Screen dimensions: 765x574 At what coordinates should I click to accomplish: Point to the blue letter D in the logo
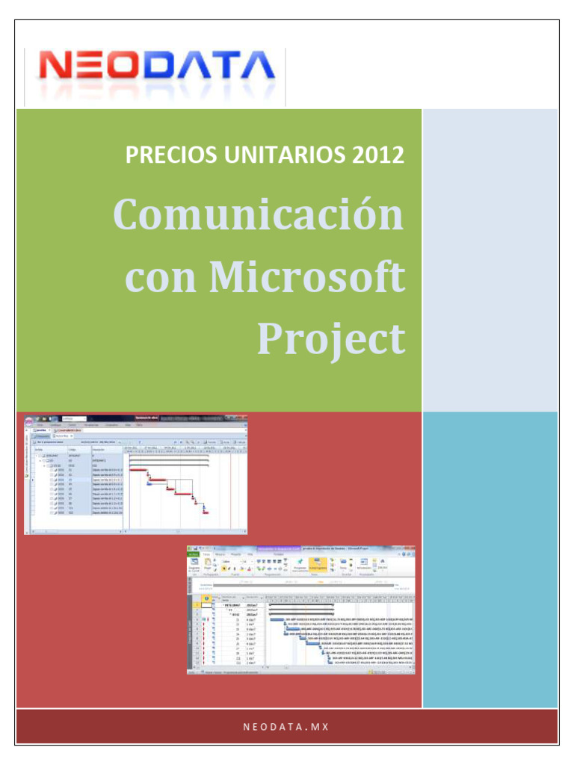[170, 69]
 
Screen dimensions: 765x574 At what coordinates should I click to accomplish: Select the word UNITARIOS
[278, 156]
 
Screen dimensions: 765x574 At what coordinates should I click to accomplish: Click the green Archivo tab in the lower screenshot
[193, 554]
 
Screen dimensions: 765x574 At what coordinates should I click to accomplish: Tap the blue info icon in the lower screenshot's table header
[206, 598]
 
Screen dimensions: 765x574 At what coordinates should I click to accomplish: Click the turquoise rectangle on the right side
[490, 560]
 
